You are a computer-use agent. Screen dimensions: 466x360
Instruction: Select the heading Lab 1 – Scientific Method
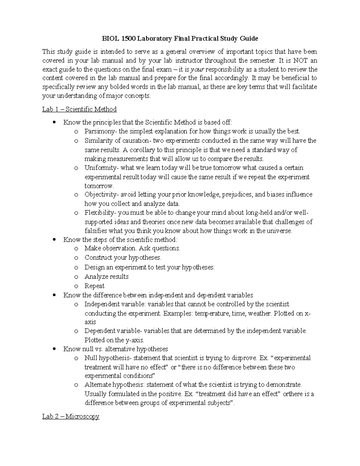[79, 109]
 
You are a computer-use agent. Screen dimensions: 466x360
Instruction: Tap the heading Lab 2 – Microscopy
[71, 416]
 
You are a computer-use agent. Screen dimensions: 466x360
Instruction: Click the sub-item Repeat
[94, 286]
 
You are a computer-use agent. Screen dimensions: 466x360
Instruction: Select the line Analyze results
[106, 277]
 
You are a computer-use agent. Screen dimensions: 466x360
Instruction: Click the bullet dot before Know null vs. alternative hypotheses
[54, 349]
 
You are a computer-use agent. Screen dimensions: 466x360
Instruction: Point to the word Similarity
[96, 141]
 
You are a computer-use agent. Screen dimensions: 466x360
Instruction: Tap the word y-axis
[135, 340]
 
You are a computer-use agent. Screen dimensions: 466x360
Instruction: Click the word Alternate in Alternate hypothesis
[97, 385]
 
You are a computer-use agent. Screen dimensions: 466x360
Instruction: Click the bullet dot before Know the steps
[54, 240]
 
